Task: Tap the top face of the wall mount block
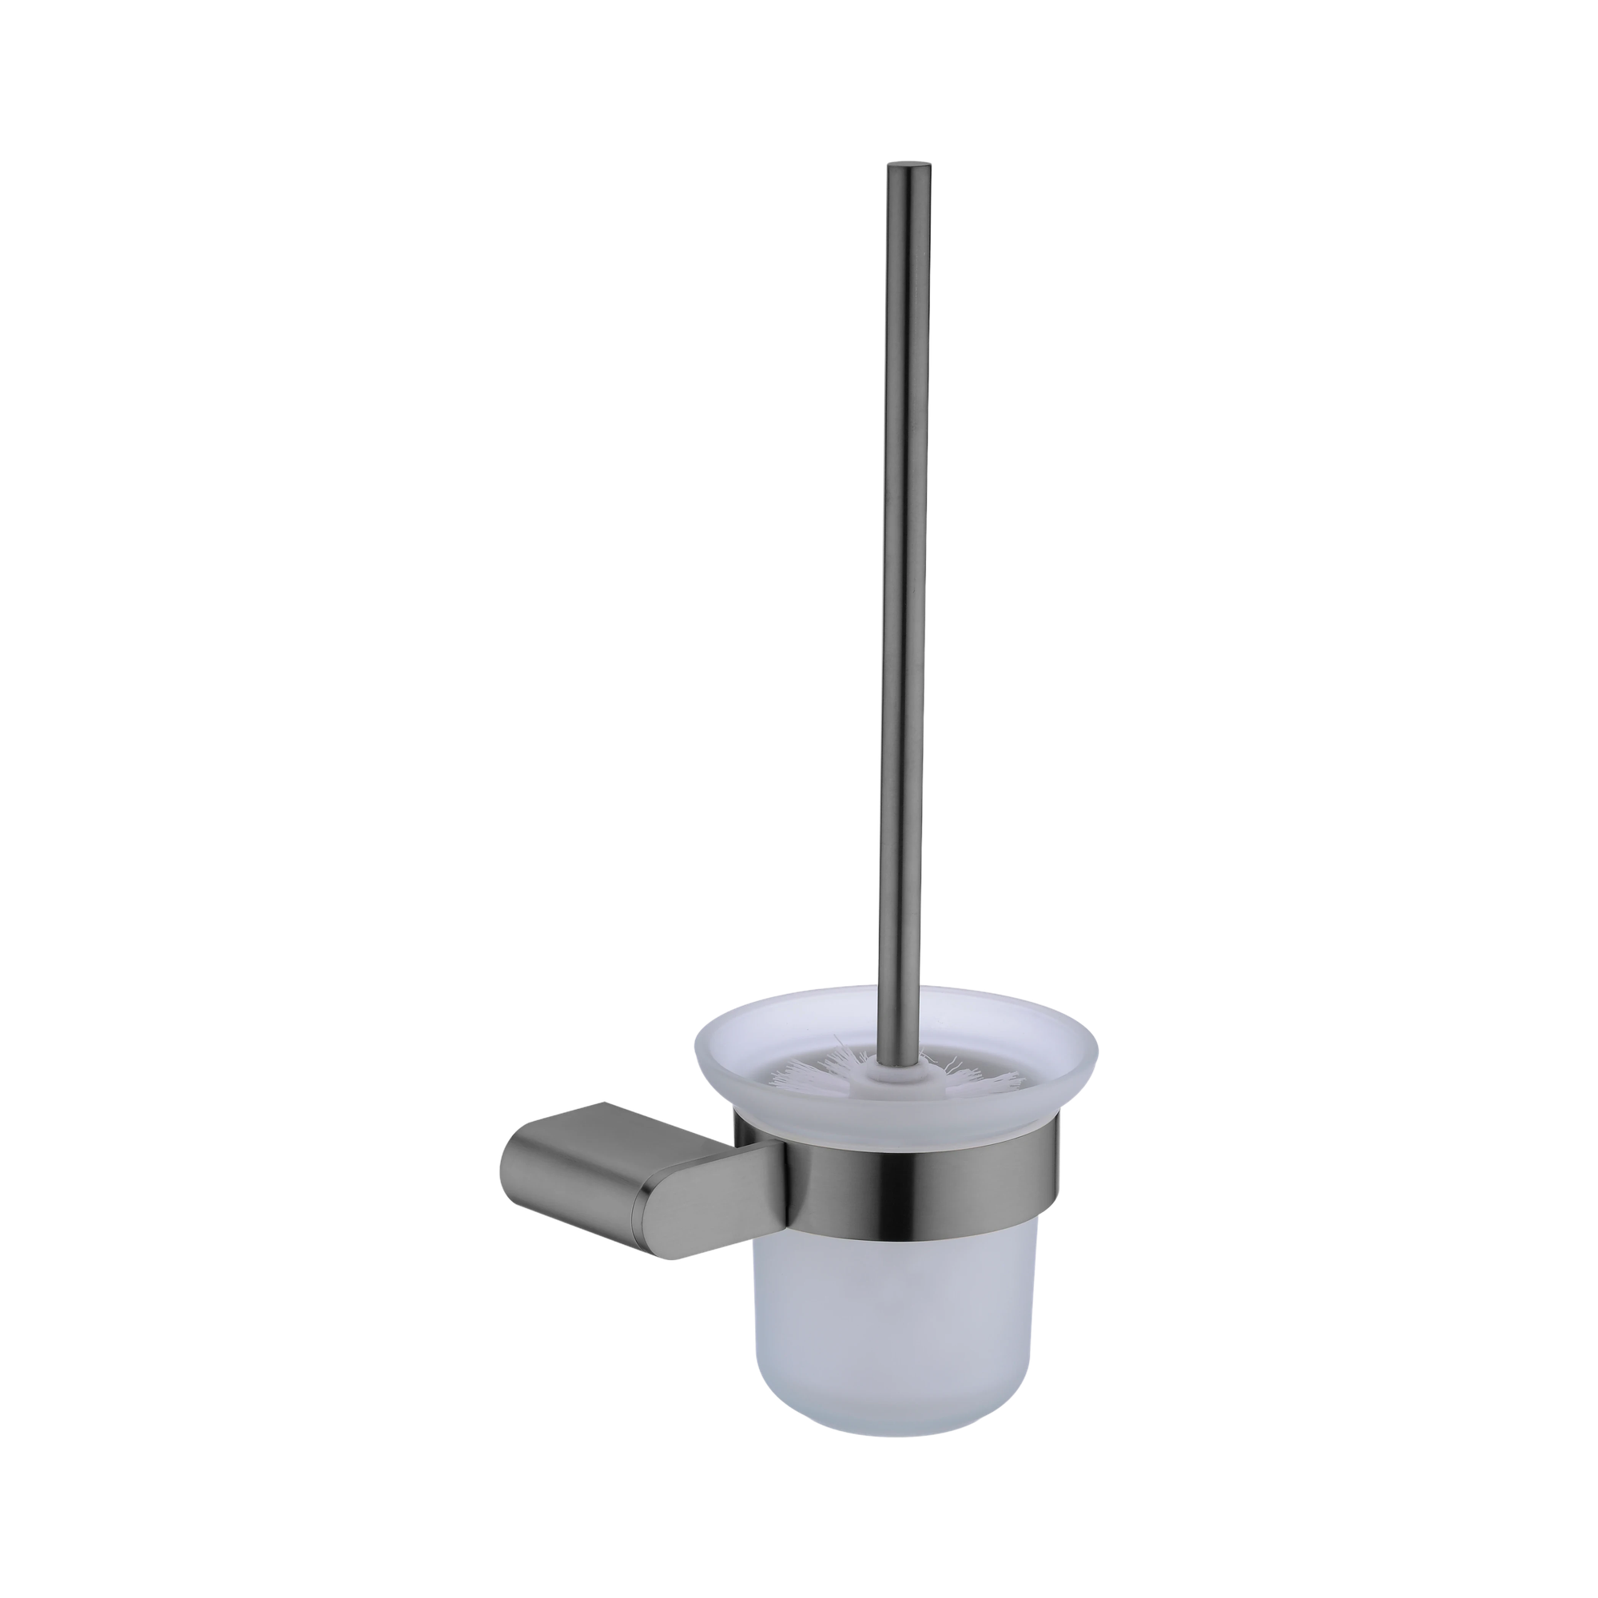pyautogui.click(x=595, y=1123)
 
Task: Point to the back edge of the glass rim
pyautogui.click(x=897, y=988)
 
